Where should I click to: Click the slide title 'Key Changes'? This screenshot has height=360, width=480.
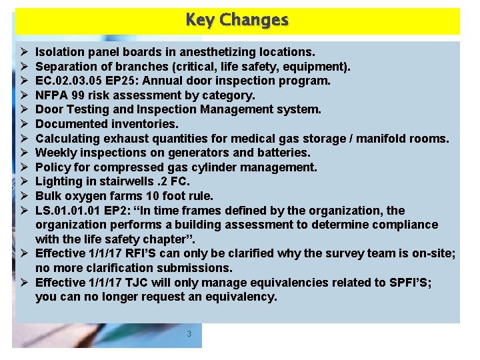(x=237, y=20)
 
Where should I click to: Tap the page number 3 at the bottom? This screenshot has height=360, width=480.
(x=189, y=333)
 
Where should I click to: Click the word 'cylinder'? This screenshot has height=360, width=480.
(x=217, y=167)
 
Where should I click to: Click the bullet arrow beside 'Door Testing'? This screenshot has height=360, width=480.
(x=23, y=109)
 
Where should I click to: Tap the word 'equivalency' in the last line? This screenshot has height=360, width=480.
(x=241, y=297)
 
